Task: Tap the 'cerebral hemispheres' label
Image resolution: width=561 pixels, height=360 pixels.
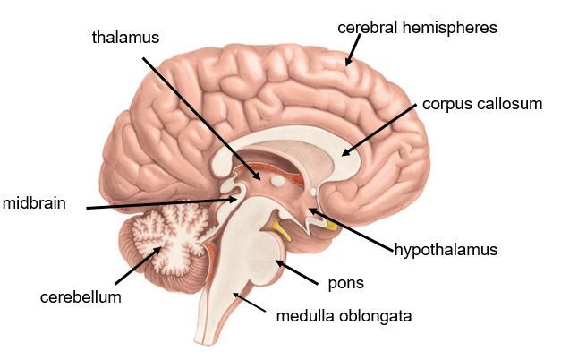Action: pos(417,28)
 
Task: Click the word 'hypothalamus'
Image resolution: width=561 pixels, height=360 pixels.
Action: pos(446,249)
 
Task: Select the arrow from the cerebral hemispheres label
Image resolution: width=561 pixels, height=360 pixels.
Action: pos(352,52)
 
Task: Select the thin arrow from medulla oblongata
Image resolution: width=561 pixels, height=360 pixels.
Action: pos(251,304)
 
